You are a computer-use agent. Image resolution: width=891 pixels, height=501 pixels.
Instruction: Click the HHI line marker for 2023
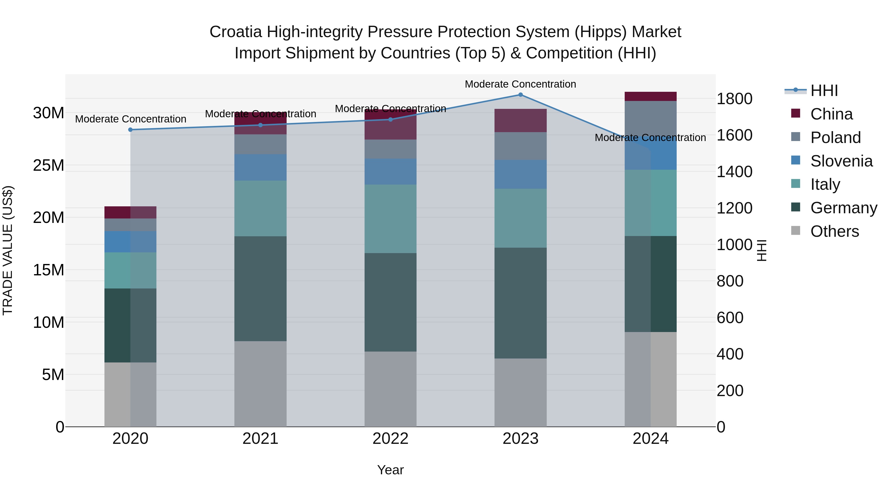pyautogui.click(x=520, y=95)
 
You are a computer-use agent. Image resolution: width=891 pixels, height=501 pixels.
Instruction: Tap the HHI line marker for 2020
pyautogui.click(x=130, y=130)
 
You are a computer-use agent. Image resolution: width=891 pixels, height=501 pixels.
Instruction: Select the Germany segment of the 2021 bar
pyautogui.click(x=260, y=289)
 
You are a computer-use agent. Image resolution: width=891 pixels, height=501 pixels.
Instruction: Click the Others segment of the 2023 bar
pyautogui.click(x=520, y=392)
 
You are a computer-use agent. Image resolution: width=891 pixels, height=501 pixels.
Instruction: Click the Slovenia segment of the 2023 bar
pyautogui.click(x=520, y=174)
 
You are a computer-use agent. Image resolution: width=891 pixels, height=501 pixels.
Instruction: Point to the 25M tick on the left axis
pyautogui.click(x=49, y=166)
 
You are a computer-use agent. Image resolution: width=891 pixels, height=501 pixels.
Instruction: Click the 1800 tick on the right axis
pyautogui.click(x=734, y=99)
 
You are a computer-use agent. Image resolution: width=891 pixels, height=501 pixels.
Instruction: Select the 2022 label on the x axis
pyautogui.click(x=391, y=439)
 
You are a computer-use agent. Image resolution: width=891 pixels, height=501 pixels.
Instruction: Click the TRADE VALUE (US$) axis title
pyautogui.click(x=8, y=250)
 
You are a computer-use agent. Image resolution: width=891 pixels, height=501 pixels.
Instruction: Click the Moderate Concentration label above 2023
pyautogui.click(x=520, y=84)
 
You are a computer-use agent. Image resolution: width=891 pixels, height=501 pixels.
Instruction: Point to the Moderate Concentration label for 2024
pyautogui.click(x=650, y=138)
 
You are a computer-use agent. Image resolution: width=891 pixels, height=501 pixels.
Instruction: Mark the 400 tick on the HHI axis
pyautogui.click(x=730, y=354)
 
